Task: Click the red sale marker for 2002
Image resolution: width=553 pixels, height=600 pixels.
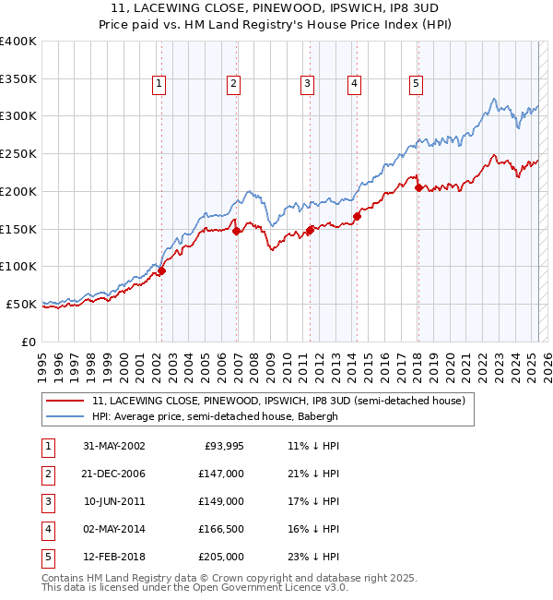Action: coord(161,271)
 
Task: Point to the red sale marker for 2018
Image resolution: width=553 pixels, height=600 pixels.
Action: coord(418,187)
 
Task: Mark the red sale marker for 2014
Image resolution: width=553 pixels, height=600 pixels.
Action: coord(357,216)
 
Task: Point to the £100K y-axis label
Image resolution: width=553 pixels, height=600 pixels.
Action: coord(18,266)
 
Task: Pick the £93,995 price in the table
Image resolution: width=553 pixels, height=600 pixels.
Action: coord(222,446)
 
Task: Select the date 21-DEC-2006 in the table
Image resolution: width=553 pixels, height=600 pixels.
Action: coord(114,474)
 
